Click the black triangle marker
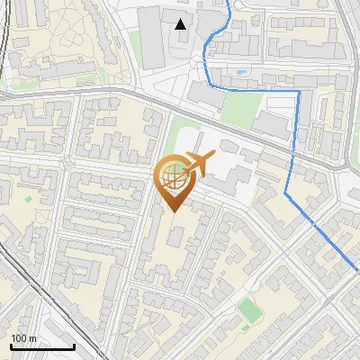pyautogui.click(x=181, y=24)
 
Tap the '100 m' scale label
pyautogui.click(x=23, y=338)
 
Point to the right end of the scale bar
pyautogui.click(x=74, y=346)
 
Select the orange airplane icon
pyautogui.click(x=197, y=165)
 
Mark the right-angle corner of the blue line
pyautogui.click(x=298, y=92)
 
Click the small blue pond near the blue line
pyautogui.click(x=241, y=70)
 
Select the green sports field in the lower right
pyautogui.click(x=250, y=310)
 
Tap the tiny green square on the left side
pyautogui.click(x=27, y=200)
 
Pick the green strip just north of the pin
pyautogui.click(x=180, y=135)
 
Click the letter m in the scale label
pyautogui.click(x=32, y=338)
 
